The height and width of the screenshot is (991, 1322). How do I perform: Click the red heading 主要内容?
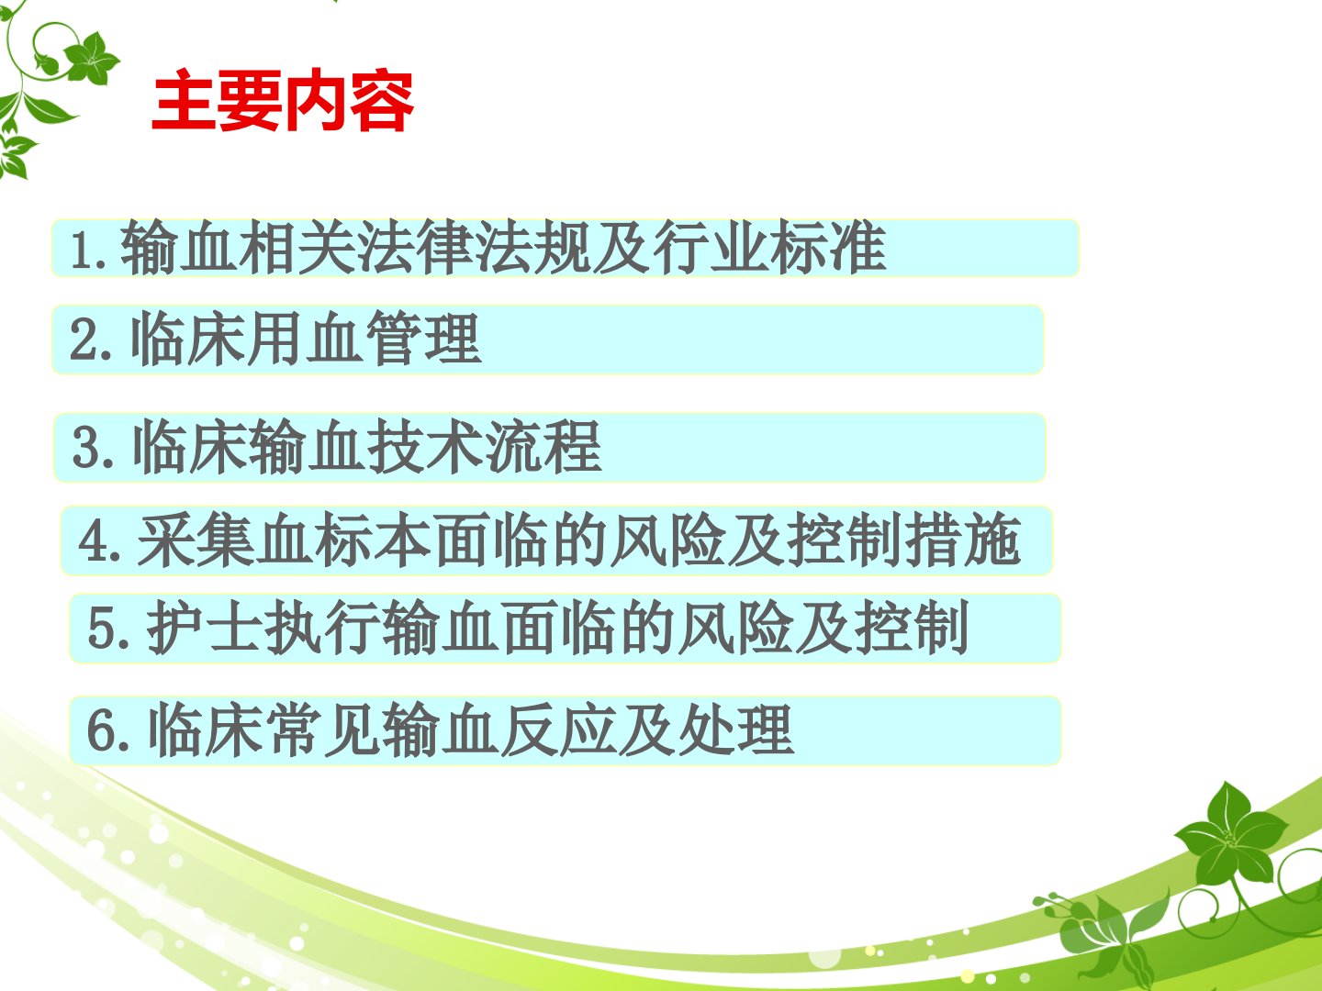coord(283,100)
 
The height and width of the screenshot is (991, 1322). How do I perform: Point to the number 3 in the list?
coord(86,449)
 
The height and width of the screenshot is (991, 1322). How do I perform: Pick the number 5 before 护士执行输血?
coord(101,629)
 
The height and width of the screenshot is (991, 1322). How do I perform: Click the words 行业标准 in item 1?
coord(769,248)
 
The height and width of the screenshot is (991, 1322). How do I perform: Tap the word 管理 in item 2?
coord(423,339)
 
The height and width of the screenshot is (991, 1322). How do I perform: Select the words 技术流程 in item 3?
coord(485,447)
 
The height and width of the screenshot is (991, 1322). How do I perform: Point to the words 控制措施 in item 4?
coord(904,540)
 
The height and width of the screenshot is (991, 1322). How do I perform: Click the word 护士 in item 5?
coord(204,628)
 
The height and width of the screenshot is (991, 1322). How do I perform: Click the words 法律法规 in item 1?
coord(475,248)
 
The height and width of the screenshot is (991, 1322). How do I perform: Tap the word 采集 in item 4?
coord(196,540)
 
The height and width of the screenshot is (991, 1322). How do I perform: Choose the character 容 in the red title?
coord(382,100)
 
